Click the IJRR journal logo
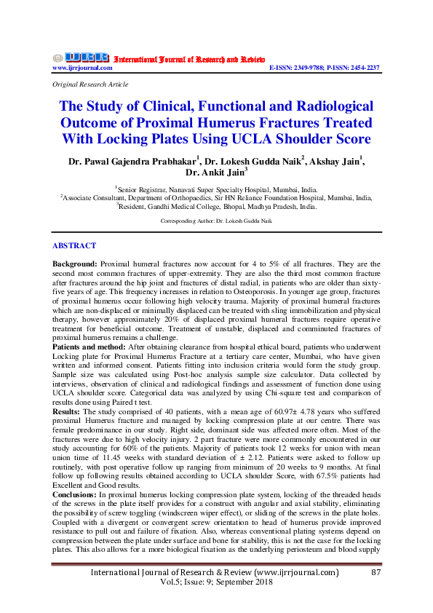click(x=80, y=58)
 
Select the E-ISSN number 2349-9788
click(x=314, y=68)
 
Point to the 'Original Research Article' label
click(x=87, y=84)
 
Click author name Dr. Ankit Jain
click(x=216, y=173)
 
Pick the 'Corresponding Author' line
click(x=216, y=219)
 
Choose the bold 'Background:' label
click(x=75, y=261)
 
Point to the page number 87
click(x=376, y=573)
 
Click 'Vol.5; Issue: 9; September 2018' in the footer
click(x=215, y=583)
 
